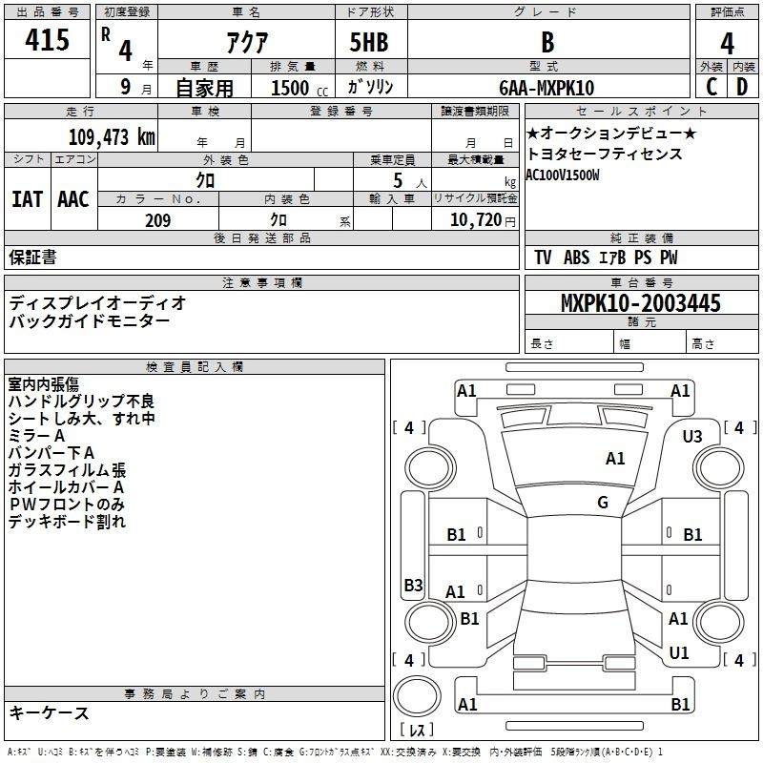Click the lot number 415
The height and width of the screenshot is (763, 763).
point(47,39)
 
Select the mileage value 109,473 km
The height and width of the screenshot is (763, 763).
point(112,136)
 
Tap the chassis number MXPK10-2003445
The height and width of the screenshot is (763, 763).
point(640,302)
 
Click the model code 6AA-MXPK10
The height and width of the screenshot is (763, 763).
point(546,88)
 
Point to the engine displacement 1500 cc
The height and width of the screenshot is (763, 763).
point(299,88)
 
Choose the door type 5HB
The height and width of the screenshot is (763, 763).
point(369,42)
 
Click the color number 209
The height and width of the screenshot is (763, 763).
point(157,220)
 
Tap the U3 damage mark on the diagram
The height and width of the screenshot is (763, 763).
point(692,437)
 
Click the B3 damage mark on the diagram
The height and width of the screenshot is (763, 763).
point(413,585)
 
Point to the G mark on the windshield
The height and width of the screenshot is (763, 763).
point(603,503)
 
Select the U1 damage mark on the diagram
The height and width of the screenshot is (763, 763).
point(679,653)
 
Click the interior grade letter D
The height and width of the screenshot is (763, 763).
point(742,87)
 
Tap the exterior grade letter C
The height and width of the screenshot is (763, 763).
point(711,87)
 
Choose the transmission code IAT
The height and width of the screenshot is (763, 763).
point(28,199)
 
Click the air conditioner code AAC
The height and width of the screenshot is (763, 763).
point(73,199)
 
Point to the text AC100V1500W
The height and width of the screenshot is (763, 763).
point(562,175)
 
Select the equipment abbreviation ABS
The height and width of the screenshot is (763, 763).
point(577,258)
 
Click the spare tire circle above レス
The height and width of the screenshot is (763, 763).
point(417,696)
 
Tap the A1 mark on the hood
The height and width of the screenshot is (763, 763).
point(615,459)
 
